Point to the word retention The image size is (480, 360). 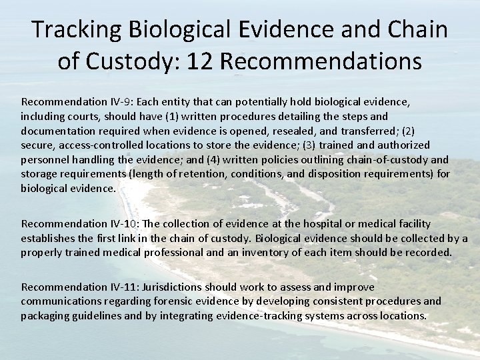pos(231,174)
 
